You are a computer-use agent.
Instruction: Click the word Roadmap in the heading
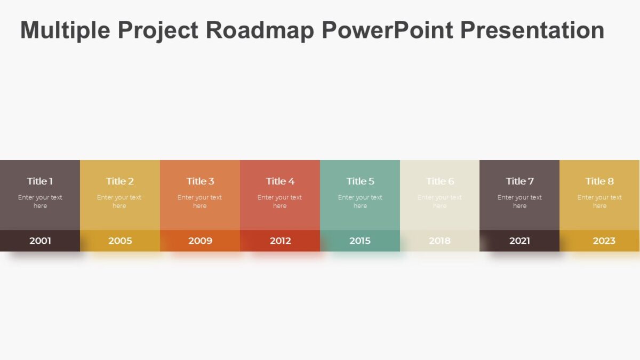[x=260, y=30]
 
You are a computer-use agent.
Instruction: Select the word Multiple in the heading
[x=65, y=30]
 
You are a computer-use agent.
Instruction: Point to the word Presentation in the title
[x=532, y=30]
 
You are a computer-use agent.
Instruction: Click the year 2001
[x=40, y=241]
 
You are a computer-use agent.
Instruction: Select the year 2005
[x=120, y=241]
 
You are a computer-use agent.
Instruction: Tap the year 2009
[x=200, y=241]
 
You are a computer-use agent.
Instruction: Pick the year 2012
[x=280, y=241]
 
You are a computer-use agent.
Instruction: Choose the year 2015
[x=360, y=241]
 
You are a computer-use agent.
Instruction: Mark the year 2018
[x=439, y=241]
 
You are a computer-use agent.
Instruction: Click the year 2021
[x=519, y=241]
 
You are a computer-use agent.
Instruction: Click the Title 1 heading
[x=40, y=181]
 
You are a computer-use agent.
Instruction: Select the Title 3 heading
[x=200, y=181]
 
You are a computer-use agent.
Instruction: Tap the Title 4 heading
[x=280, y=181]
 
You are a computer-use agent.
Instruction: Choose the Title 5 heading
[x=360, y=181]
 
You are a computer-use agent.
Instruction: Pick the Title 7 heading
[x=519, y=181]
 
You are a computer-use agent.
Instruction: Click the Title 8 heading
[x=599, y=181]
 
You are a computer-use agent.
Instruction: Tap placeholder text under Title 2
[x=119, y=202]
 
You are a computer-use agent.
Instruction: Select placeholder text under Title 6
[x=439, y=202]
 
